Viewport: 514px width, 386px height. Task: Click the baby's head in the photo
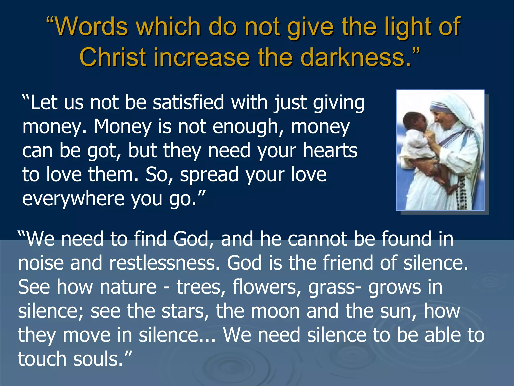point(414,121)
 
